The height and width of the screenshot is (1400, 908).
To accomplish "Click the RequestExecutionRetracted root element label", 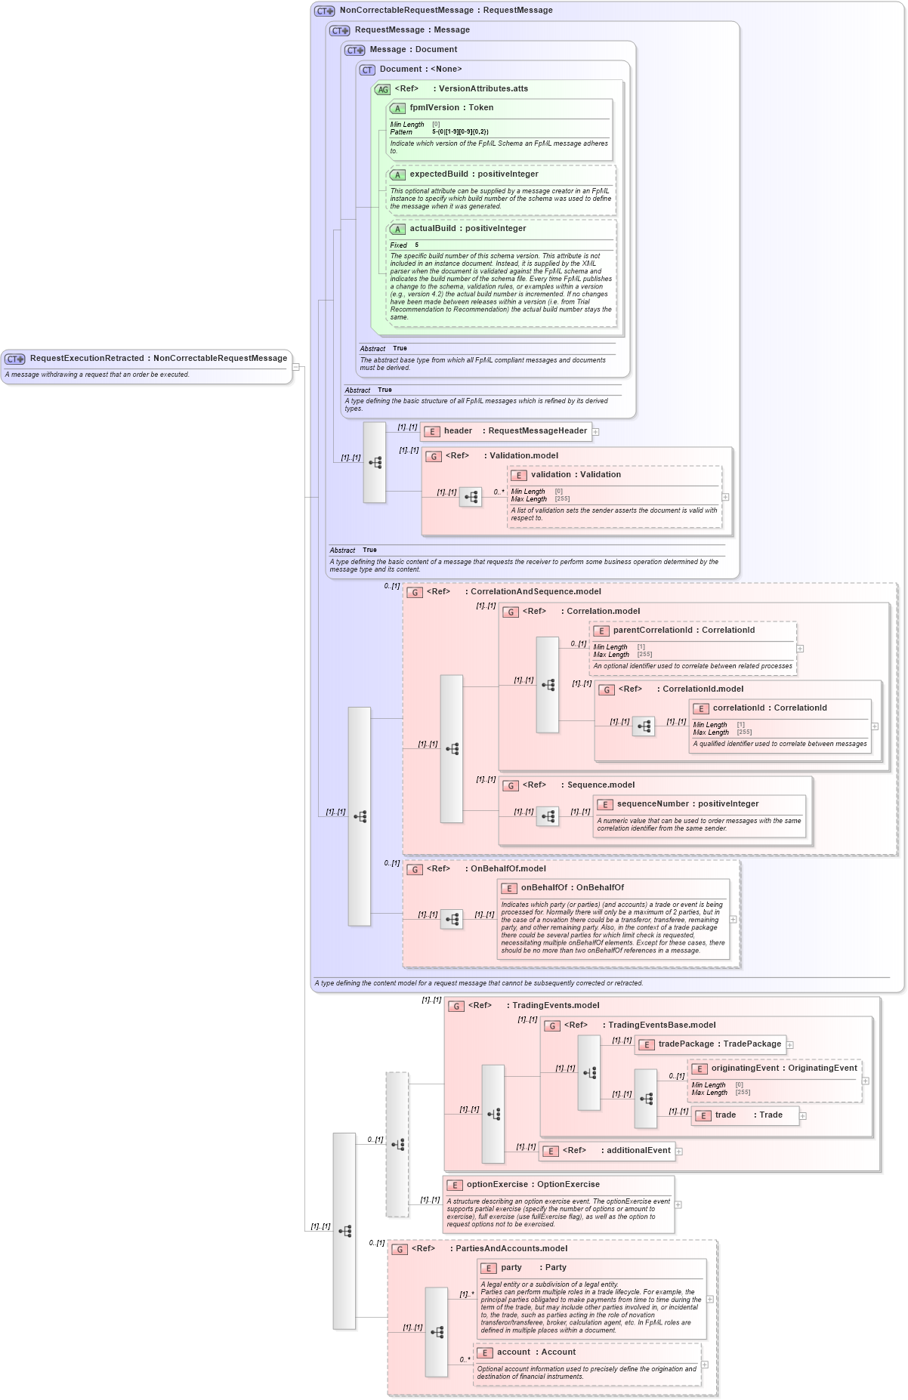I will tap(158, 358).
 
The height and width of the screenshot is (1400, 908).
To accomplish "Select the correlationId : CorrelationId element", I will tap(769, 708).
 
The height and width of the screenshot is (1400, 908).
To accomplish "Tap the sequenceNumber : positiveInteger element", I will tap(687, 804).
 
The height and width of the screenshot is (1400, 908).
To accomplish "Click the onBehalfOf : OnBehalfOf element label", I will tap(572, 888).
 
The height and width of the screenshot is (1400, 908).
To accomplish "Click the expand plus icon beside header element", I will tap(596, 432).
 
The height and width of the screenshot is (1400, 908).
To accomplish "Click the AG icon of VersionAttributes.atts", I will tap(383, 89).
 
